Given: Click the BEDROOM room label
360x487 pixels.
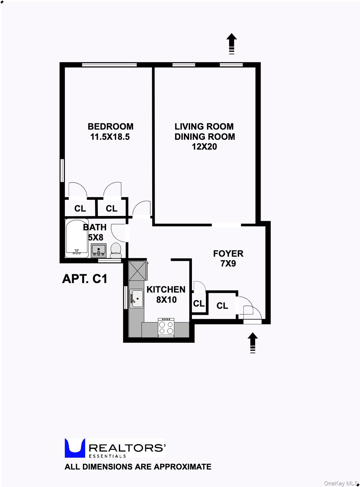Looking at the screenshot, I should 110,126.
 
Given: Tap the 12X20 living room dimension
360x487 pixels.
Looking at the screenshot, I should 204,147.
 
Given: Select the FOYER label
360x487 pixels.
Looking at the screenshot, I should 228,254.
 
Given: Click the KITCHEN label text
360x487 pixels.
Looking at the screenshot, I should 166,289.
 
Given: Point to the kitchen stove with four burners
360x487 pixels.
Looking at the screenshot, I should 166,327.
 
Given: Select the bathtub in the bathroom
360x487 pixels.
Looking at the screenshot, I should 77,238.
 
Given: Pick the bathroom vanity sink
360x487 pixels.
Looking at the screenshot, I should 98,250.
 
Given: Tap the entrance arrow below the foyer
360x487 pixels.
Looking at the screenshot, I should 253,343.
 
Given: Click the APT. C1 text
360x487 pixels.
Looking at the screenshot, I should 85,279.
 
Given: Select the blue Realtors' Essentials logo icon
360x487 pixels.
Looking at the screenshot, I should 75,448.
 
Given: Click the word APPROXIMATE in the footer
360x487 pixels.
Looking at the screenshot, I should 182,467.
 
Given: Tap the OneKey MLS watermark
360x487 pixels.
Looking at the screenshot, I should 341,483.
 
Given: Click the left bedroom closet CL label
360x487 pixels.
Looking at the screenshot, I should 80,208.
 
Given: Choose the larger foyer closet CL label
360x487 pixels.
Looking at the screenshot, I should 222,306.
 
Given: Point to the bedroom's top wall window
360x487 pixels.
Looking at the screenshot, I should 109,65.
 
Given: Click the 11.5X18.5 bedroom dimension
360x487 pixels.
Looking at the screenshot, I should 110,137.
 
